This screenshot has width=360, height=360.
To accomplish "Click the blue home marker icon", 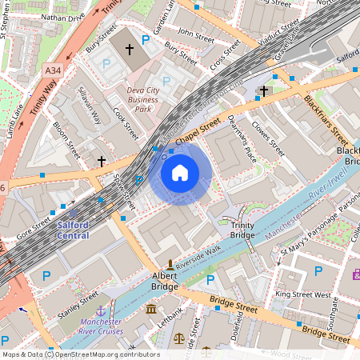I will tap(180, 173).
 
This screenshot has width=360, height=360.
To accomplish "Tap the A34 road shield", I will tap(52, 71).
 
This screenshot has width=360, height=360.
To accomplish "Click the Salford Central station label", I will tap(73, 230).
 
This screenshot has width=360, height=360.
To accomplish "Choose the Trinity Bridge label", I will tap(242, 230).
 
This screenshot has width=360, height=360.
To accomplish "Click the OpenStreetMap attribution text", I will tap(80, 354).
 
